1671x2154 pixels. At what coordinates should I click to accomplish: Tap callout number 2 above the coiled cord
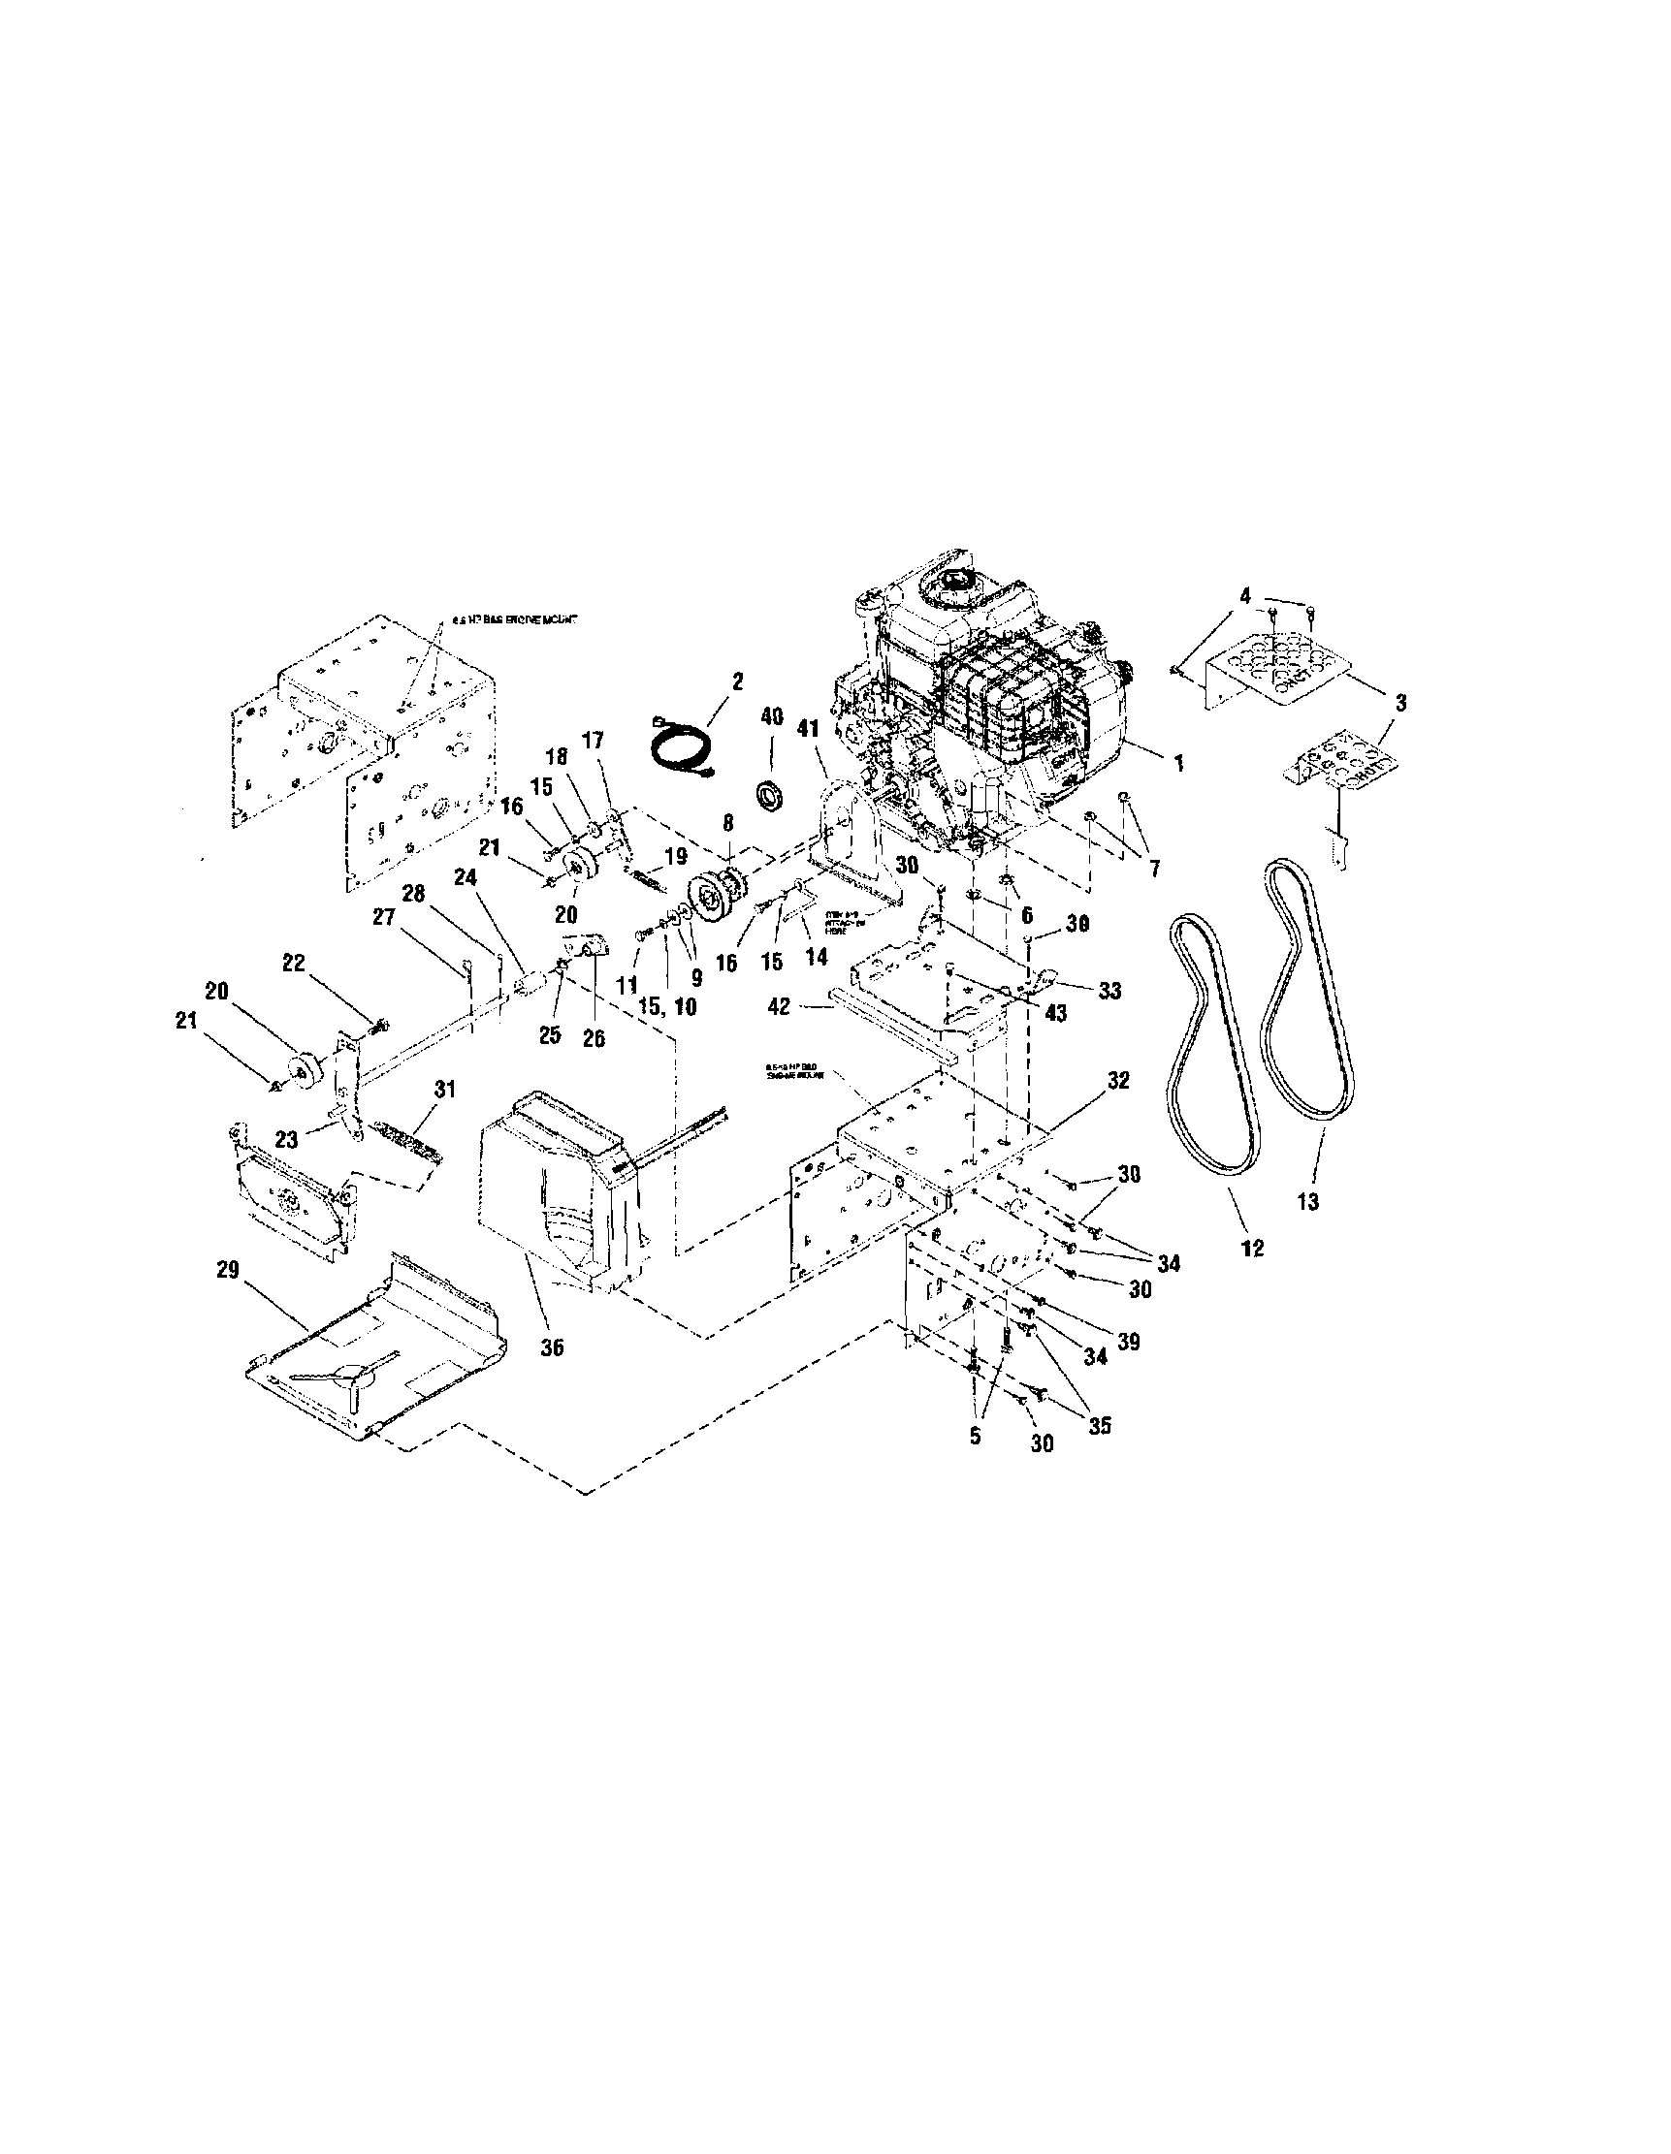pos(738,681)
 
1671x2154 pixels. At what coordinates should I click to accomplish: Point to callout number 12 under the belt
pos(1252,1248)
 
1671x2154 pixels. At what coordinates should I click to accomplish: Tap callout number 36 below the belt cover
pos(553,1347)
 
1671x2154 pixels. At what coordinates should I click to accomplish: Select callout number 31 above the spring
pos(444,1089)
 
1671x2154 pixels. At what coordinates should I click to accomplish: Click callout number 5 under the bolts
pos(976,1435)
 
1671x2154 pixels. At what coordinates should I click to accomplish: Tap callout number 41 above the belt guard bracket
pos(809,731)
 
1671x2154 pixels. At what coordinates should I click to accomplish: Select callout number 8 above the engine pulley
pos(728,820)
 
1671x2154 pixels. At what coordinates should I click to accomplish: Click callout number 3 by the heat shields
pos(1400,702)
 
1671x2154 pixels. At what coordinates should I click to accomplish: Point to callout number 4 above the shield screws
pos(1245,596)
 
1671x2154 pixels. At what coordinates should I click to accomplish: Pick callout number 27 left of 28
pos(383,917)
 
